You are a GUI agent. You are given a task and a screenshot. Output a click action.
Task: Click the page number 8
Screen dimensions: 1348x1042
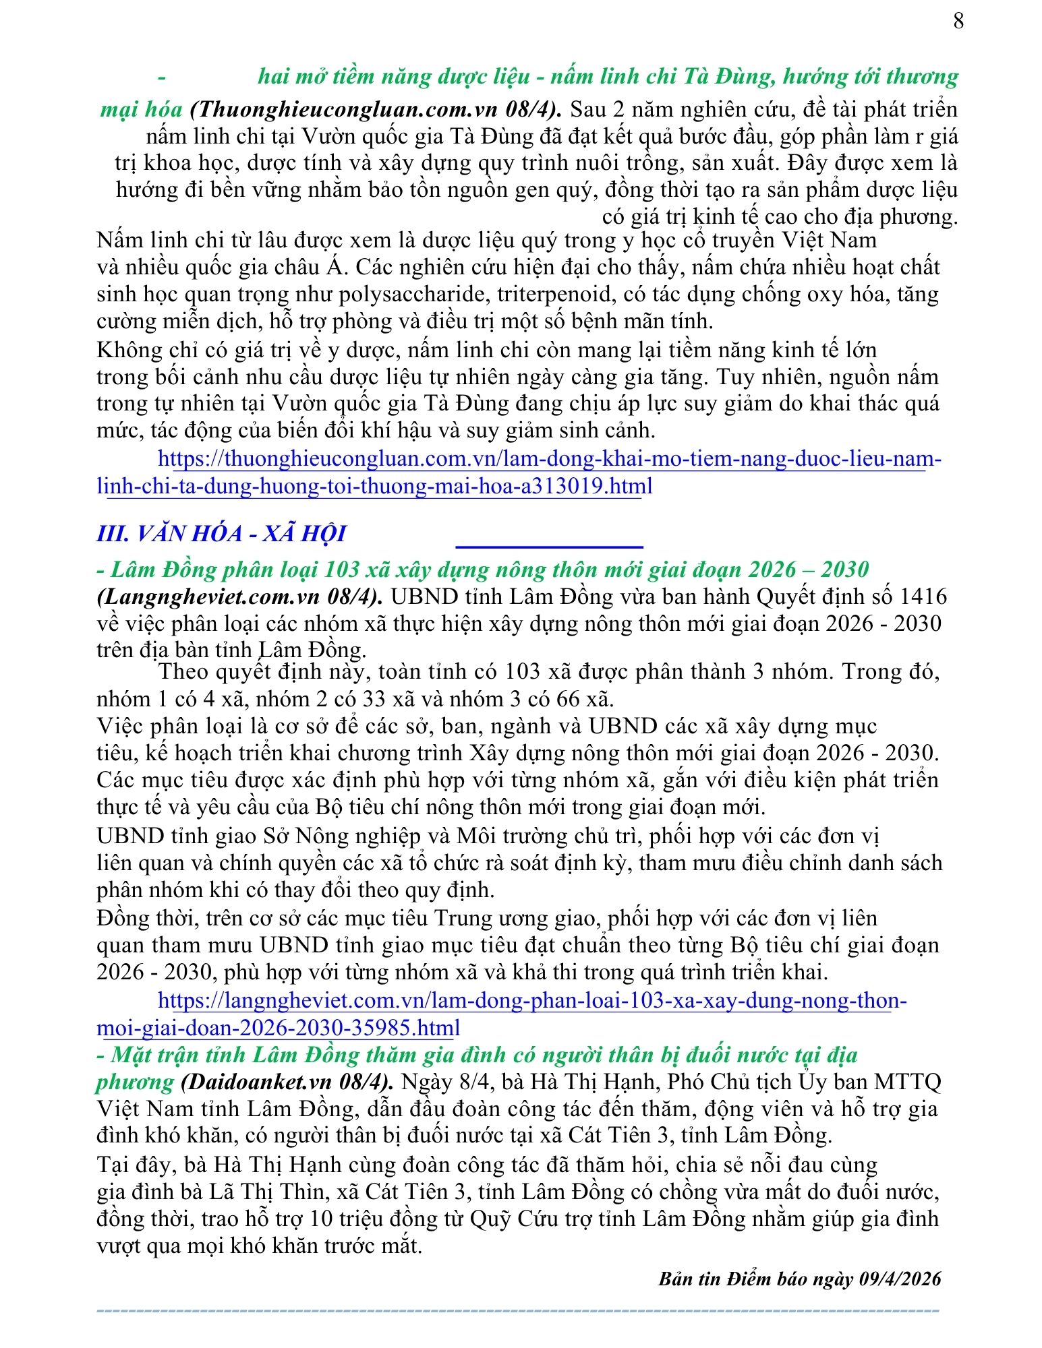pyautogui.click(x=958, y=22)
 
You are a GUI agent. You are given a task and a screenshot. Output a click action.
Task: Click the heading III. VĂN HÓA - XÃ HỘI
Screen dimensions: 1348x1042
pyautogui.click(x=221, y=534)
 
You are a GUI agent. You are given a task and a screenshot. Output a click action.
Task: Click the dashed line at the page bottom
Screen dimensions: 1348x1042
pyautogui.click(x=518, y=1311)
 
